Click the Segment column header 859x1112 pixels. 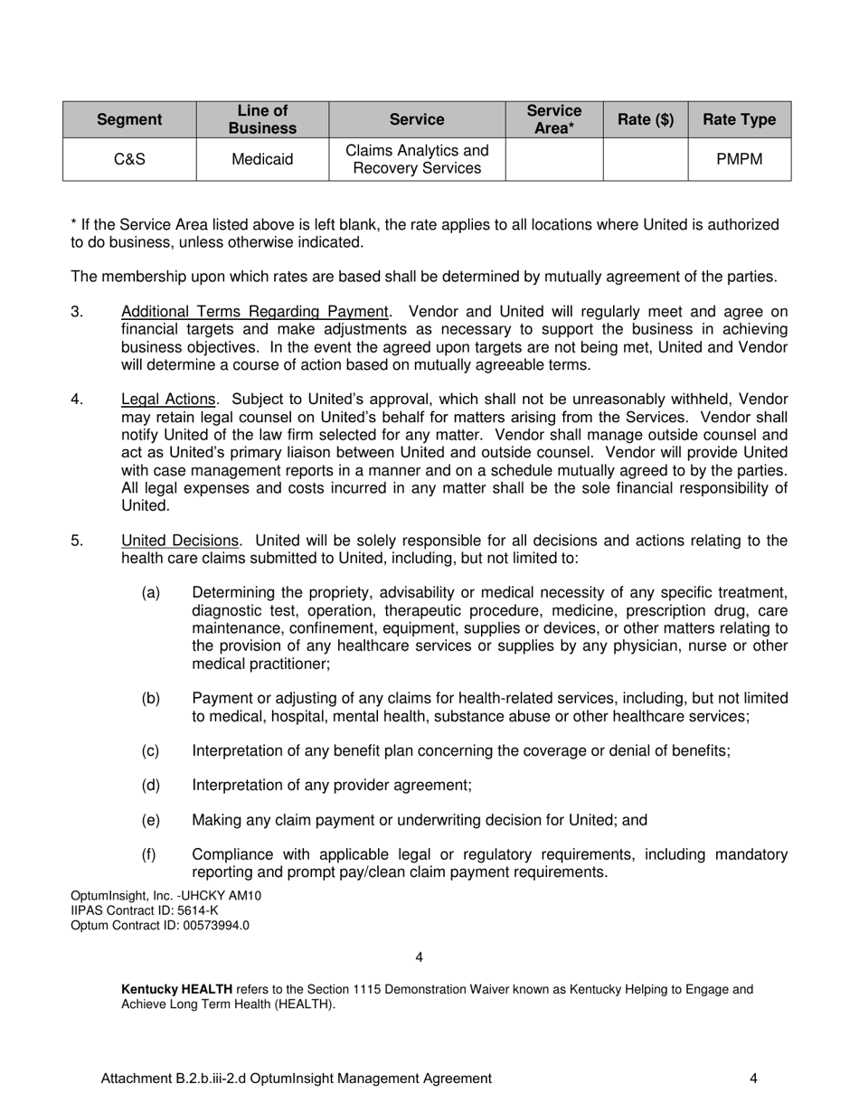(x=129, y=119)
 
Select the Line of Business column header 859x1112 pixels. (x=262, y=119)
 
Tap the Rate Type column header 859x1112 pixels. (x=739, y=119)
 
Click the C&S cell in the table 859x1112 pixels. (x=129, y=160)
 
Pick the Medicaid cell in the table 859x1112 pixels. (x=262, y=160)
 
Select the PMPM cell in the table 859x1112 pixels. (x=739, y=160)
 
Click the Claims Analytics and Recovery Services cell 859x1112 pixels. (x=417, y=160)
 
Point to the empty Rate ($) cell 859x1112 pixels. (x=645, y=160)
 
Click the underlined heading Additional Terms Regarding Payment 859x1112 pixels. (x=255, y=312)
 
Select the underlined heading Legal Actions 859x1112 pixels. (x=168, y=400)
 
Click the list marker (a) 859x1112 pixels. (x=151, y=593)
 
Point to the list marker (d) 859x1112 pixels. (x=151, y=786)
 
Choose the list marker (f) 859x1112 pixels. (x=151, y=855)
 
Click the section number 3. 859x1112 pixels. (x=77, y=312)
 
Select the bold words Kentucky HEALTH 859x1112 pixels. (x=176, y=990)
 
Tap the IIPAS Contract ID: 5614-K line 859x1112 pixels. (x=145, y=910)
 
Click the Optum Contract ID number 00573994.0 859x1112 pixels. (x=213, y=926)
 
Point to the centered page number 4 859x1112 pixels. (x=419, y=957)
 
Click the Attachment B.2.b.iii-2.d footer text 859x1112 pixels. (x=297, y=1079)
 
